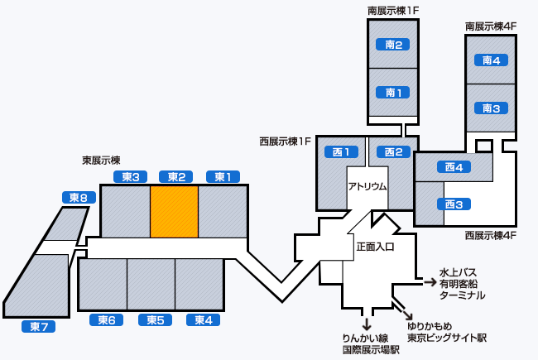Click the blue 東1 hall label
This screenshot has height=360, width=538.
point(223,176)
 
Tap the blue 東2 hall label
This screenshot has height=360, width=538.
point(175,176)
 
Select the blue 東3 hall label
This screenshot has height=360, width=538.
point(129,176)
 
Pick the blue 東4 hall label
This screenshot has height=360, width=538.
point(203,320)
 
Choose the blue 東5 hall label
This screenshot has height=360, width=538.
point(155,320)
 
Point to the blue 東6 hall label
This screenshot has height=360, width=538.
point(106,320)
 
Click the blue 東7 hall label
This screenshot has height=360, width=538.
point(38,326)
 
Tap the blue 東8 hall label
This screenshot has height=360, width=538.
point(79,197)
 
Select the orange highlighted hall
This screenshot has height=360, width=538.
point(174,213)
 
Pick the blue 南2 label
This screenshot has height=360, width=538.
point(393,45)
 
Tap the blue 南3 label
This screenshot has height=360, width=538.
point(491,108)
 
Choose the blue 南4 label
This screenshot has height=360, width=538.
point(491,60)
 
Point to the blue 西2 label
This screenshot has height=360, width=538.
point(393,151)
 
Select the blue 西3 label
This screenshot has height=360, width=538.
point(453,204)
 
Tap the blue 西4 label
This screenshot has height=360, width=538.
point(453,167)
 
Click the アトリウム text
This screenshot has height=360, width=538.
point(367,186)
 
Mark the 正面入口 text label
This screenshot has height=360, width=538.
point(375,247)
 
